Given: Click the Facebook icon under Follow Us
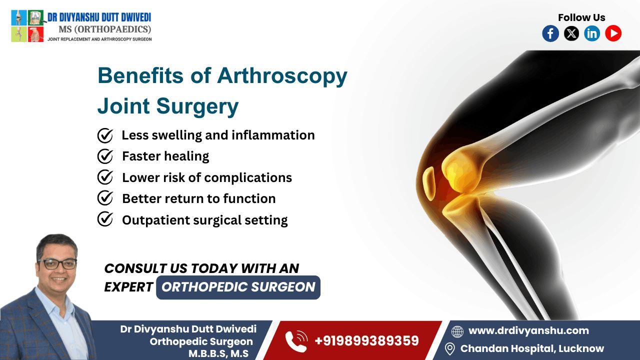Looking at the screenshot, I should (550, 33).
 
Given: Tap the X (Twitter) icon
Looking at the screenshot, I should (571, 33).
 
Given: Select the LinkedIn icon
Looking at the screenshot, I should (592, 33).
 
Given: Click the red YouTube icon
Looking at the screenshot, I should (613, 33).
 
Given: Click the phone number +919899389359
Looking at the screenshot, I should (366, 341).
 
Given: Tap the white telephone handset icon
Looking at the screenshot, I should (296, 341).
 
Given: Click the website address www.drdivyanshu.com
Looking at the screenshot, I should (528, 330).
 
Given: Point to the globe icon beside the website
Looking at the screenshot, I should (457, 331).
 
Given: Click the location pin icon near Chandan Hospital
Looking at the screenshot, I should (450, 348).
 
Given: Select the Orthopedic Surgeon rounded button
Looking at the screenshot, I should (238, 287).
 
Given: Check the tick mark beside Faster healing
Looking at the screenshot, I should (105, 156).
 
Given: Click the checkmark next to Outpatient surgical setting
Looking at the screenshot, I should (105, 219).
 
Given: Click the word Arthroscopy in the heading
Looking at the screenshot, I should (282, 75).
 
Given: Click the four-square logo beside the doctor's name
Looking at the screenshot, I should (27, 25).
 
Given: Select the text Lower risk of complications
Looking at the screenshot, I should (207, 177).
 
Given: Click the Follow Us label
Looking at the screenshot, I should (581, 17).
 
